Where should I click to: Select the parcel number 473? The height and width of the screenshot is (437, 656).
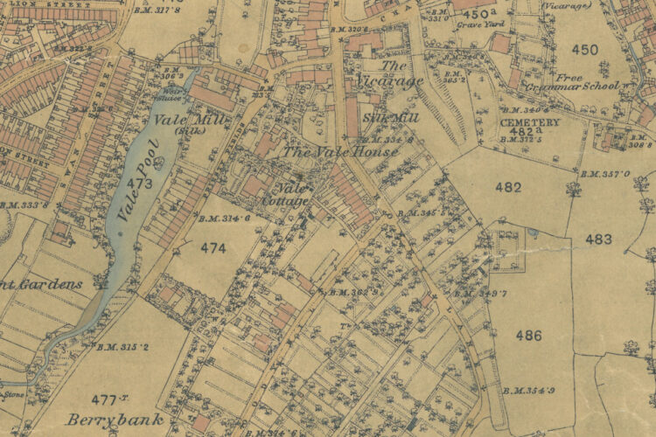click(138, 184)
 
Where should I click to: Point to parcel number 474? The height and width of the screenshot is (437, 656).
click(212, 248)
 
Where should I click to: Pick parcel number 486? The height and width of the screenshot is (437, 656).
click(528, 335)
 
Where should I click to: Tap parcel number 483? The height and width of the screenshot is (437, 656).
click(599, 239)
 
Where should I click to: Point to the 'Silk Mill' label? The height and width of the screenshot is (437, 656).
click(391, 117)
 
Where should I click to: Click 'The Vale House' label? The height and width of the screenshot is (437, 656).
click(340, 151)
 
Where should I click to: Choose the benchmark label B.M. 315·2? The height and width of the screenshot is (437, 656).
click(122, 347)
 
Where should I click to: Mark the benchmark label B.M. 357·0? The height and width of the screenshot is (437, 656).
click(609, 174)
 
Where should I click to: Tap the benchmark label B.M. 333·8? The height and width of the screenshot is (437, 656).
click(24, 205)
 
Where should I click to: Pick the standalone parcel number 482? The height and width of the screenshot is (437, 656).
click(507, 187)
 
